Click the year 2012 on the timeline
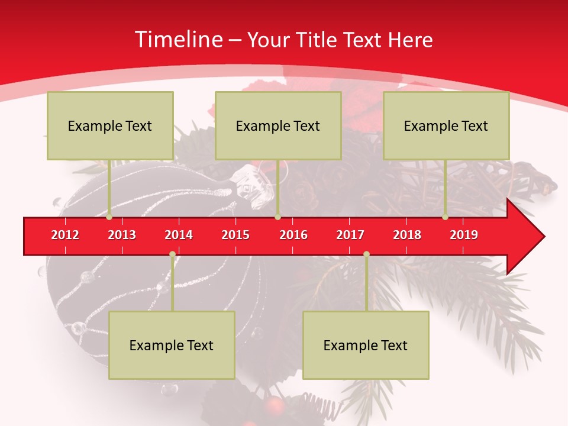tap(65, 235)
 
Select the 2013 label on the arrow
tap(122, 235)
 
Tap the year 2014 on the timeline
tap(179, 235)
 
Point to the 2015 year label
tap(235, 235)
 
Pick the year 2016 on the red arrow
tap(293, 235)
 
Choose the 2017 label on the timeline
tap(350, 235)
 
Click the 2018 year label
tap(407, 235)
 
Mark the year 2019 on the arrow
tap(464, 235)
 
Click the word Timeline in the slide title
tap(178, 40)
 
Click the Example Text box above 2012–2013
tap(110, 125)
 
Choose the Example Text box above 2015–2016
tap(278, 125)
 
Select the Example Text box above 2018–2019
tap(446, 125)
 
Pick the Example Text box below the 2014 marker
tap(172, 345)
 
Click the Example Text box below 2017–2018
tap(366, 345)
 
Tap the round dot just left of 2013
tap(109, 217)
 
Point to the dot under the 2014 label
tap(172, 254)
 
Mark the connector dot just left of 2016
tap(277, 217)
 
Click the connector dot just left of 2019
tap(445, 217)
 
